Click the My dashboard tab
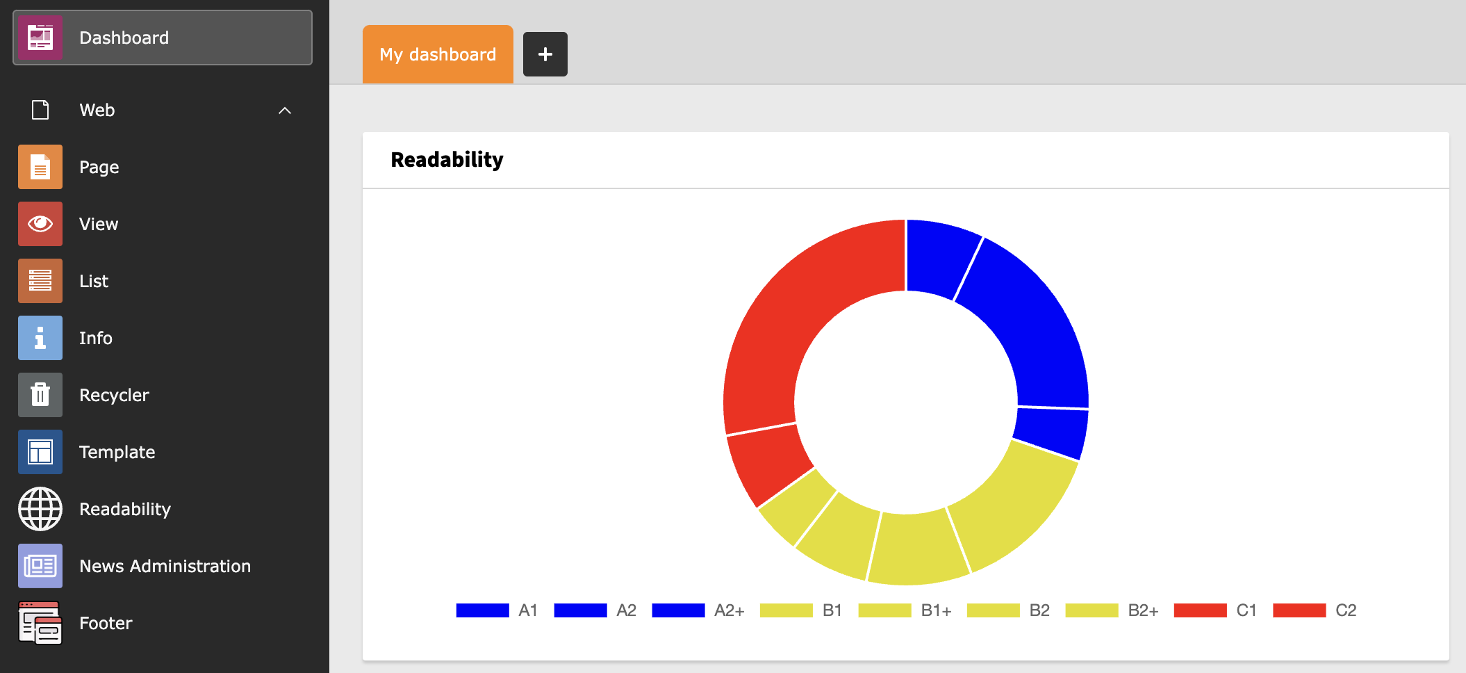(438, 54)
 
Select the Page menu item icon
(40, 167)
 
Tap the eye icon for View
(40, 224)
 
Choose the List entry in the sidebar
(94, 281)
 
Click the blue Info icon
(40, 338)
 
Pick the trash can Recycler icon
(40, 395)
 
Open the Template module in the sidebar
(117, 452)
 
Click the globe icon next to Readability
(40, 509)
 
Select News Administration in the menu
(165, 566)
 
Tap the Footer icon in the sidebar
(40, 623)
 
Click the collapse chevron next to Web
(285, 111)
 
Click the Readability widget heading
(447, 160)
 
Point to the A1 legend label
(528, 610)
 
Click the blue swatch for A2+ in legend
(678, 610)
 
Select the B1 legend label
(832, 610)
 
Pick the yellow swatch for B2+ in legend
(1092, 610)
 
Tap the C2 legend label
(1346, 610)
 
